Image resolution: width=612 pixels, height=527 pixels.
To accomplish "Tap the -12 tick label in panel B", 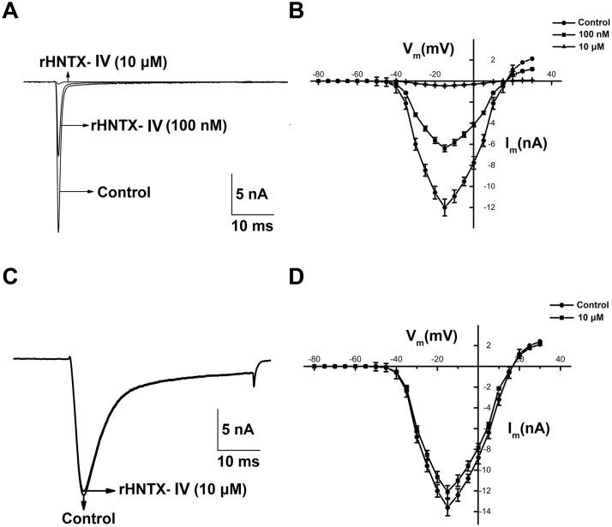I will [489, 207].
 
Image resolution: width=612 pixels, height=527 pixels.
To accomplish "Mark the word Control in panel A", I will [125, 192].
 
